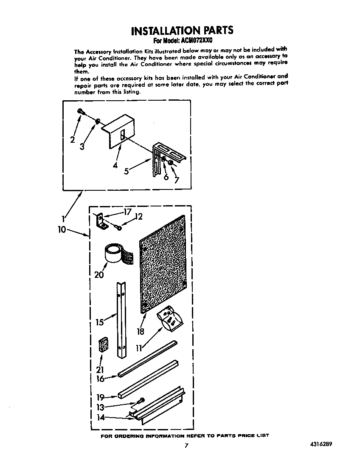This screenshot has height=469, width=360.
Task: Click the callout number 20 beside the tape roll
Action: click(99, 274)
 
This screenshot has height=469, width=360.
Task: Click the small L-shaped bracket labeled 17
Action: click(101, 221)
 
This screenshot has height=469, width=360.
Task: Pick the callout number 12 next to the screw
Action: click(138, 217)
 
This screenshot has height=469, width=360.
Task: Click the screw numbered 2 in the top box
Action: click(81, 111)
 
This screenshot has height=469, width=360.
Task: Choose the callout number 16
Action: click(100, 379)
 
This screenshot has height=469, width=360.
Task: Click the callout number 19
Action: click(100, 398)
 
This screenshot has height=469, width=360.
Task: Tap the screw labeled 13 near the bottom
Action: click(141, 400)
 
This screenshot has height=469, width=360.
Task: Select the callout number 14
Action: click(101, 417)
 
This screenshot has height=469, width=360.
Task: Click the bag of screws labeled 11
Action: click(170, 320)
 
